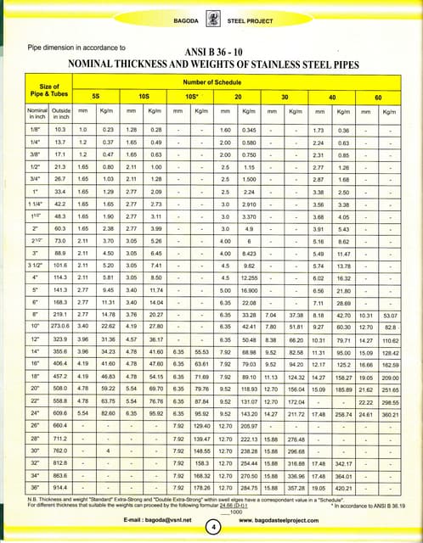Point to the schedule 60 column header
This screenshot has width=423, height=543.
[378, 97]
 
